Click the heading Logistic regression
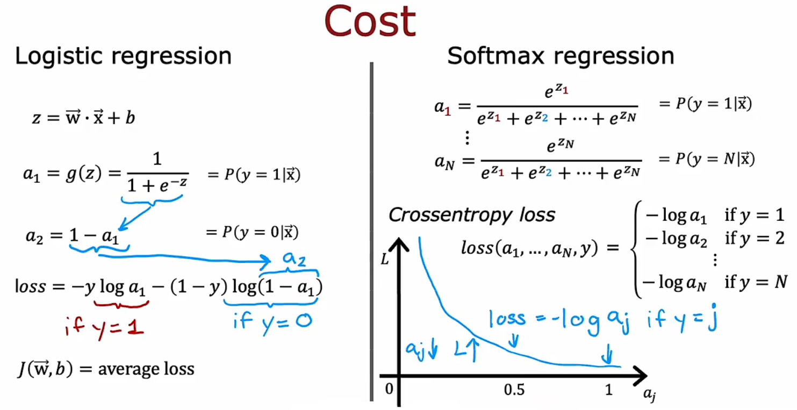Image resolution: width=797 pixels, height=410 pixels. (x=123, y=56)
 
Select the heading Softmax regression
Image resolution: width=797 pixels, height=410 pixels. (x=561, y=56)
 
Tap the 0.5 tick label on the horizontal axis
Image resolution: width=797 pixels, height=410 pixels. (x=514, y=390)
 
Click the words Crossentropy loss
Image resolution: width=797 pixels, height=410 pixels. (x=471, y=215)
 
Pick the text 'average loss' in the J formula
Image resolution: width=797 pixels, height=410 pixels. (x=146, y=369)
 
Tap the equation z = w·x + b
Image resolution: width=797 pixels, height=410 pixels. (x=83, y=118)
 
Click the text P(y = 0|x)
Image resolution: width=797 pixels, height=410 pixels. (x=252, y=232)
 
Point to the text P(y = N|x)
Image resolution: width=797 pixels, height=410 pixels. (x=706, y=159)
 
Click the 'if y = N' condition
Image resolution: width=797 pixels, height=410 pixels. (x=756, y=280)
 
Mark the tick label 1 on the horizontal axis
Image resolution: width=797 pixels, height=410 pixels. (x=608, y=390)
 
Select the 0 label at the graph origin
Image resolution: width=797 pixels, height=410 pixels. (x=389, y=389)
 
